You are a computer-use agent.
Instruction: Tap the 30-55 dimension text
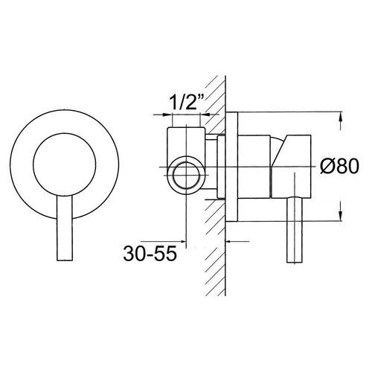coord(149,253)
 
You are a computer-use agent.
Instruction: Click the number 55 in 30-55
coord(165,253)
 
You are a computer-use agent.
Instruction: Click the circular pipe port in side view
coord(184,177)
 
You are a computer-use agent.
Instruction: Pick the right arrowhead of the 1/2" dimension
coord(209,116)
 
